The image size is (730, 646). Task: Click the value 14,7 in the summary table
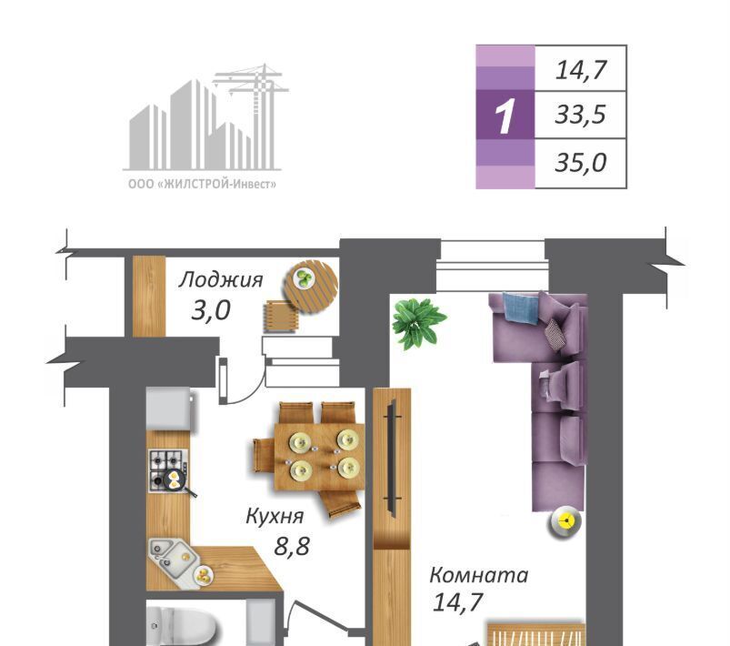tap(581, 70)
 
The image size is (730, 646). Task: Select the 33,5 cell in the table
tap(581, 115)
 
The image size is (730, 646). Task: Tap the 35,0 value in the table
tap(581, 163)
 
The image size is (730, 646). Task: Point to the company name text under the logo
tap(202, 185)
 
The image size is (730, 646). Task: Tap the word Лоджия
tap(221, 279)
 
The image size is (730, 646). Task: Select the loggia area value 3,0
tap(211, 310)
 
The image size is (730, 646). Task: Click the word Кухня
tap(275, 516)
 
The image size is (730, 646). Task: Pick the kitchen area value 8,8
tap(292, 545)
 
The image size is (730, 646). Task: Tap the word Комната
tap(478, 575)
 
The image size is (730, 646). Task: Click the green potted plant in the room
tap(417, 322)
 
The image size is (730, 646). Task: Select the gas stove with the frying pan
tap(170, 470)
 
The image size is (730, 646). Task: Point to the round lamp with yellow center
tap(566, 521)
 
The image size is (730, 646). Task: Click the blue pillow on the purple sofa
tap(520, 306)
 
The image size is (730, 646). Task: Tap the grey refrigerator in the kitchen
tap(169, 410)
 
